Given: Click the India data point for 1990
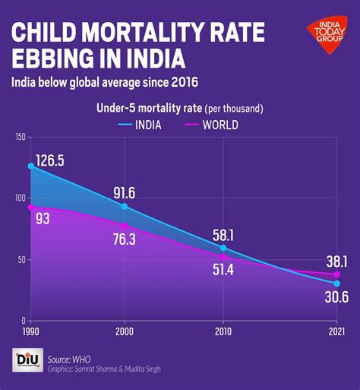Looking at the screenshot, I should (31, 166).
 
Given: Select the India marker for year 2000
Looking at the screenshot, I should (125, 207).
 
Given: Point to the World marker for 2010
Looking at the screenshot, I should (223, 257).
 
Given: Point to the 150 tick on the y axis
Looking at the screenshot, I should (21, 137).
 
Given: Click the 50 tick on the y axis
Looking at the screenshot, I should (22, 259).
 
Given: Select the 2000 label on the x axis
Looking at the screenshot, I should (125, 332).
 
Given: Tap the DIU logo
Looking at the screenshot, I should (28, 360).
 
